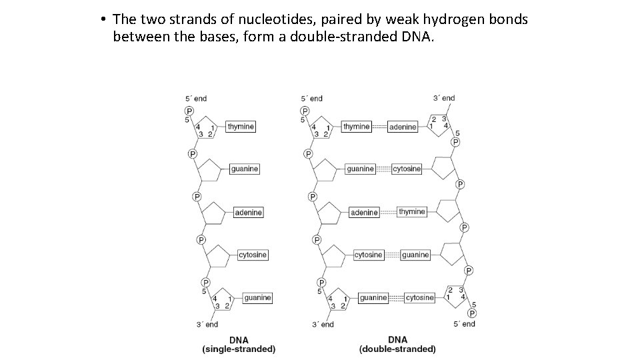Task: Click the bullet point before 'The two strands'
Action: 105,19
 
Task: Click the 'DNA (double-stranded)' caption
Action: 397,344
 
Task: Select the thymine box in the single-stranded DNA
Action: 241,127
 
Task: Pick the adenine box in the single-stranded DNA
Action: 248,212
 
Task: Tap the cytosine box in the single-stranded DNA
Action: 252,255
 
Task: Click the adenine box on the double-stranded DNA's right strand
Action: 403,127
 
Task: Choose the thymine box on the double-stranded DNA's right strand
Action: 412,212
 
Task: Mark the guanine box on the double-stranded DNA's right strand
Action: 415,255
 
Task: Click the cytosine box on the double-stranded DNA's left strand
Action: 368,255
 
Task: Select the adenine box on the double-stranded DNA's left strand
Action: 364,212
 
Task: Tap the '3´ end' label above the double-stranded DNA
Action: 444,98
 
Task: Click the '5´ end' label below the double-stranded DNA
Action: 464,324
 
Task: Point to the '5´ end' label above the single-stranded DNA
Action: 196,99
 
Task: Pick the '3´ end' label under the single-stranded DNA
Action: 207,325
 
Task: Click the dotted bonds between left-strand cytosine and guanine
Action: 392,255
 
